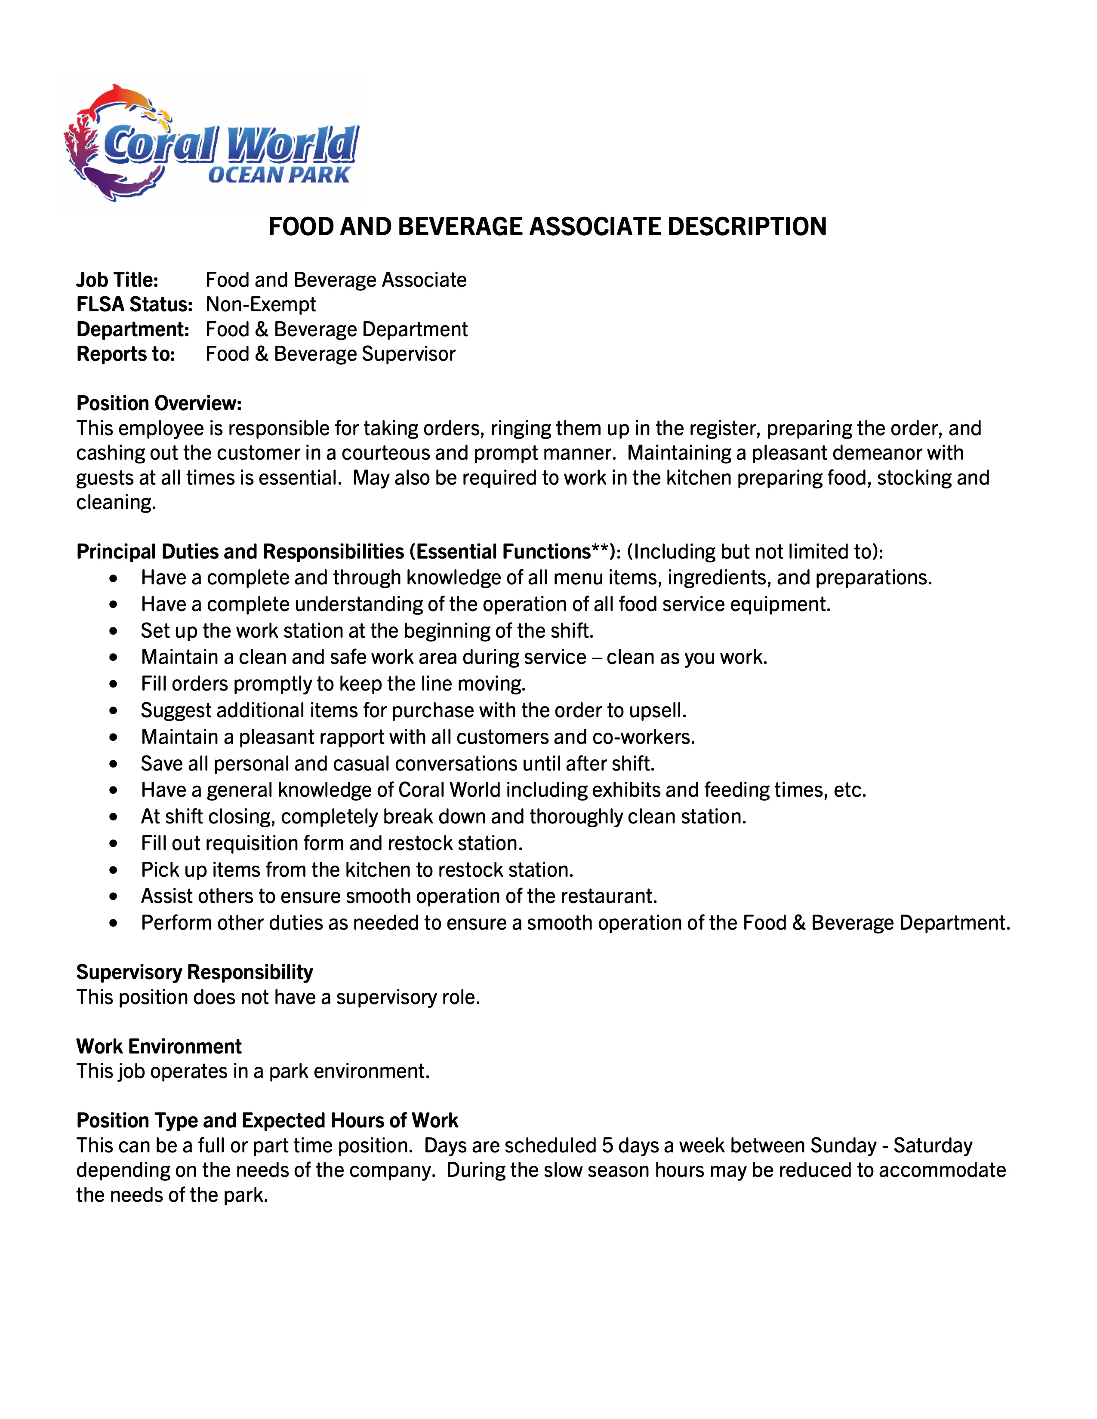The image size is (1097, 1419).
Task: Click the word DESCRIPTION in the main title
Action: (x=747, y=227)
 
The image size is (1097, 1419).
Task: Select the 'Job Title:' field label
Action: (x=117, y=280)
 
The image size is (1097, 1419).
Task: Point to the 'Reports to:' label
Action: (x=126, y=354)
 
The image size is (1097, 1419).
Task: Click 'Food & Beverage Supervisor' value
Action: (x=330, y=354)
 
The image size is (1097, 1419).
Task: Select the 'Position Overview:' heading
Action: (x=159, y=403)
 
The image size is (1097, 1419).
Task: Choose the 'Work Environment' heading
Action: (x=159, y=1046)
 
